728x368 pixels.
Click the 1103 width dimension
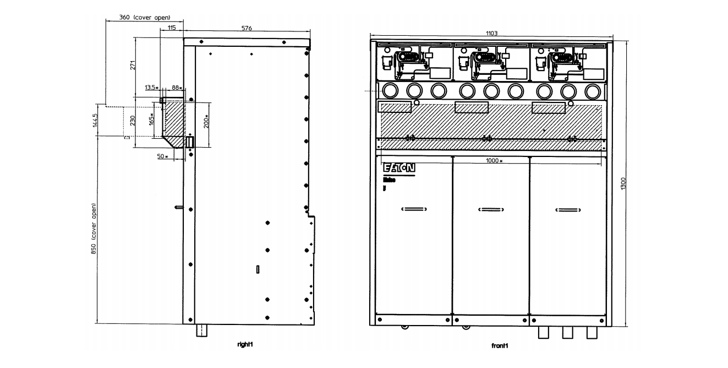491,34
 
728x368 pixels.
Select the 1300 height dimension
623,184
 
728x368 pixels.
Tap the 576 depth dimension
247,28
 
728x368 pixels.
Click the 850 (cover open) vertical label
94,229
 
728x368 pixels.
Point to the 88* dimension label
177,88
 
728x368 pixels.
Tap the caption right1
245,344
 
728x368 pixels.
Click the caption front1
499,346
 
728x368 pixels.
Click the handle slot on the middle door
490,209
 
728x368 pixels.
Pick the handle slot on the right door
567,209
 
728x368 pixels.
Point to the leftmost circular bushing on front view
390,89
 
